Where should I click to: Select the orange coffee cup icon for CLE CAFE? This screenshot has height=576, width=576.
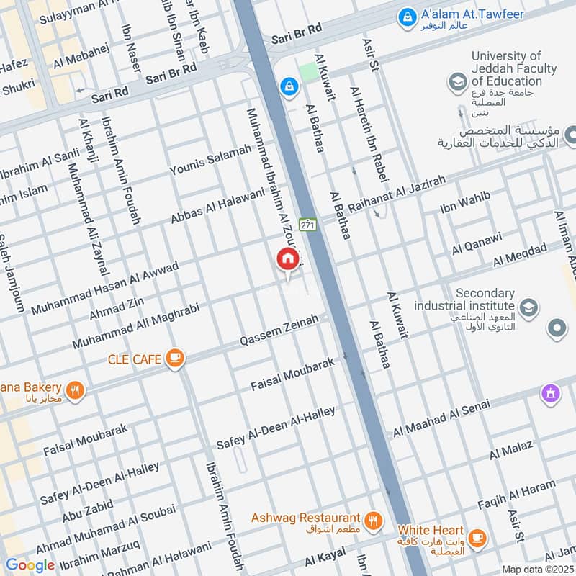point(174,357)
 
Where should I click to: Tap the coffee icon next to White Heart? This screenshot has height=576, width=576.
point(476,537)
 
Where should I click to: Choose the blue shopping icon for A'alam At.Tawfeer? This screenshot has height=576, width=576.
point(407,15)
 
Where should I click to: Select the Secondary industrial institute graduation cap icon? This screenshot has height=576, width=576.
point(528,307)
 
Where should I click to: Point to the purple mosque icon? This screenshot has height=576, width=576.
point(551,393)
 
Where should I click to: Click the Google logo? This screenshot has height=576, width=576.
point(30,565)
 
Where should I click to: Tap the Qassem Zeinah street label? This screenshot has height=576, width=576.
point(279,329)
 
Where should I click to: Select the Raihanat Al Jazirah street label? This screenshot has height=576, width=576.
point(397,193)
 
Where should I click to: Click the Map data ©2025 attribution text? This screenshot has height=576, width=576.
point(537,569)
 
